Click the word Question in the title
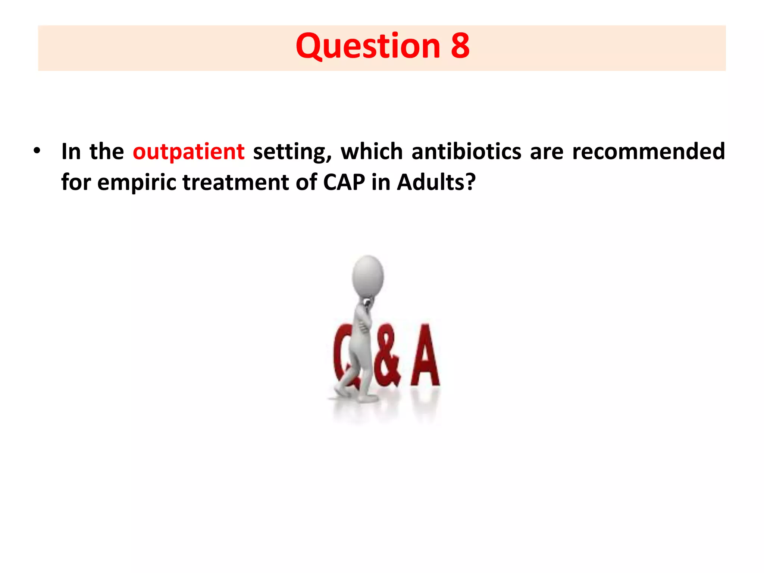368,46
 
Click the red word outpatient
188,151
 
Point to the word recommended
648,151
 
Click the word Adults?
436,182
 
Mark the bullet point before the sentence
36,151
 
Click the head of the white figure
368,276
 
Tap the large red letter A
425,356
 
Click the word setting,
292,152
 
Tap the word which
372,151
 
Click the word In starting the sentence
71,151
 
